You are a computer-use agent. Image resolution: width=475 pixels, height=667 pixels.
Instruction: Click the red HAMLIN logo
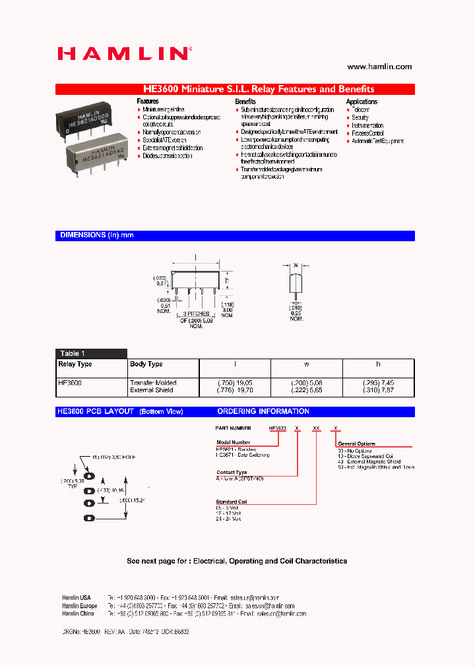pos(124,54)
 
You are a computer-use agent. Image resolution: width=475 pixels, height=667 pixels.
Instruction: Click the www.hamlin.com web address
pos(379,67)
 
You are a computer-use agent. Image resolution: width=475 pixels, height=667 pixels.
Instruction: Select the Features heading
pos(148,101)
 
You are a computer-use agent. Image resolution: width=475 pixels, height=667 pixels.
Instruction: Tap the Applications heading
pos(362,101)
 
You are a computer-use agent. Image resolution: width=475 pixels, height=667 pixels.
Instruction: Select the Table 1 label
pos(73,353)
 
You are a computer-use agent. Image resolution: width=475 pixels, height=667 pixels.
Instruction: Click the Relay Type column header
pos(75,364)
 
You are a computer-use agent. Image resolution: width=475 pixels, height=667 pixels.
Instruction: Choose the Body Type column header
pos(146,364)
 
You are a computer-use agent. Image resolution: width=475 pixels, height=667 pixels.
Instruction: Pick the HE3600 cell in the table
pos(70,382)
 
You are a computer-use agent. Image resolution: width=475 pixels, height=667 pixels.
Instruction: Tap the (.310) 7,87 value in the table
pos(378,390)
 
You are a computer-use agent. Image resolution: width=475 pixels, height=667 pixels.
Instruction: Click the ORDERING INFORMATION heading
pos(263,411)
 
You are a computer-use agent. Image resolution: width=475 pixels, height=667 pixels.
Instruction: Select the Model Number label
pos(233,443)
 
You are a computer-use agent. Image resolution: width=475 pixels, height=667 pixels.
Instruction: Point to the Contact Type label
pos(232,473)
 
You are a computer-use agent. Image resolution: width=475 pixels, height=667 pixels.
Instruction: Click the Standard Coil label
pos(232,502)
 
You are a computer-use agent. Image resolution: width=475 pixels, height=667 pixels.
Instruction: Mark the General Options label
pos(356,444)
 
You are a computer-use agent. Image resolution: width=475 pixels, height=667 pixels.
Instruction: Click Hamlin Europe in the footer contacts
pos(79,606)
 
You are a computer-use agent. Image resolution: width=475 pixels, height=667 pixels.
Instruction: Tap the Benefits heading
pos(245,101)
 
